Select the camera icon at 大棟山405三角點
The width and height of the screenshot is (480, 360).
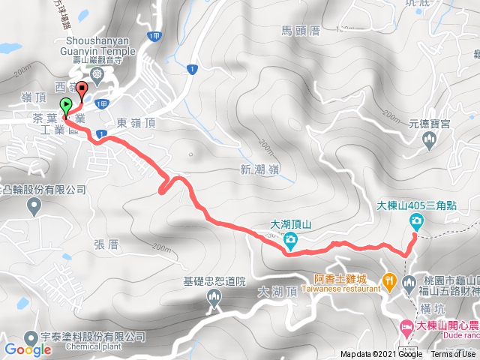coord(416,221)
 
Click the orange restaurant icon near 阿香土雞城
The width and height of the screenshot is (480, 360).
coord(389,282)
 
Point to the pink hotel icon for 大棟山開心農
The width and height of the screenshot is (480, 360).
coord(406,325)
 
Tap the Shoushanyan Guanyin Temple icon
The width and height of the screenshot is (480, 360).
coord(97,74)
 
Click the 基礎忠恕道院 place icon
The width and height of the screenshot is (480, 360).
coord(214,298)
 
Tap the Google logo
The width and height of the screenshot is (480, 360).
coord(28,349)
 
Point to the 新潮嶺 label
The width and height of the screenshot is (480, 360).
coord(260,169)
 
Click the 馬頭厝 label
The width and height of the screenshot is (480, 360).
coord(301,30)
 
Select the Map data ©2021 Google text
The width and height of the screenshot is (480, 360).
coord(381,355)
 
